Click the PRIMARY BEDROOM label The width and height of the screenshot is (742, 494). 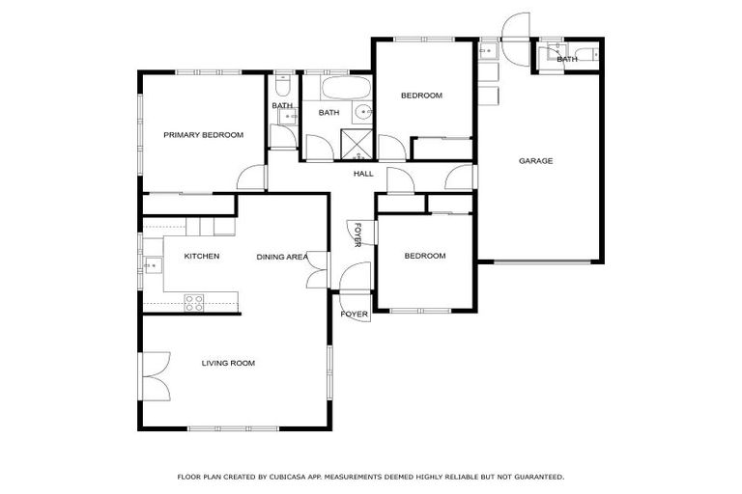click(x=203, y=135)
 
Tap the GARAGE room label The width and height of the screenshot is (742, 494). click(x=535, y=161)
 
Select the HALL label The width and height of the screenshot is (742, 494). click(x=363, y=174)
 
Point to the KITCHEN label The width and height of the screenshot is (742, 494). click(x=202, y=257)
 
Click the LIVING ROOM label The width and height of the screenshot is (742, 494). click(x=228, y=363)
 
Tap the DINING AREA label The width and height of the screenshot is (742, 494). click(x=282, y=257)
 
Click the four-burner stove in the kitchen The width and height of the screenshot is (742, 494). click(x=194, y=302)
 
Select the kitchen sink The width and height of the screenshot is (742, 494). click(x=152, y=263)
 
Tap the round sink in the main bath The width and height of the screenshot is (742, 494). click(x=364, y=113)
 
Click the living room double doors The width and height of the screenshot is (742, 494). click(x=155, y=376)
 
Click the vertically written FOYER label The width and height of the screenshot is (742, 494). click(x=357, y=235)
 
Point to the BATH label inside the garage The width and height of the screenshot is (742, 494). click(x=567, y=59)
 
